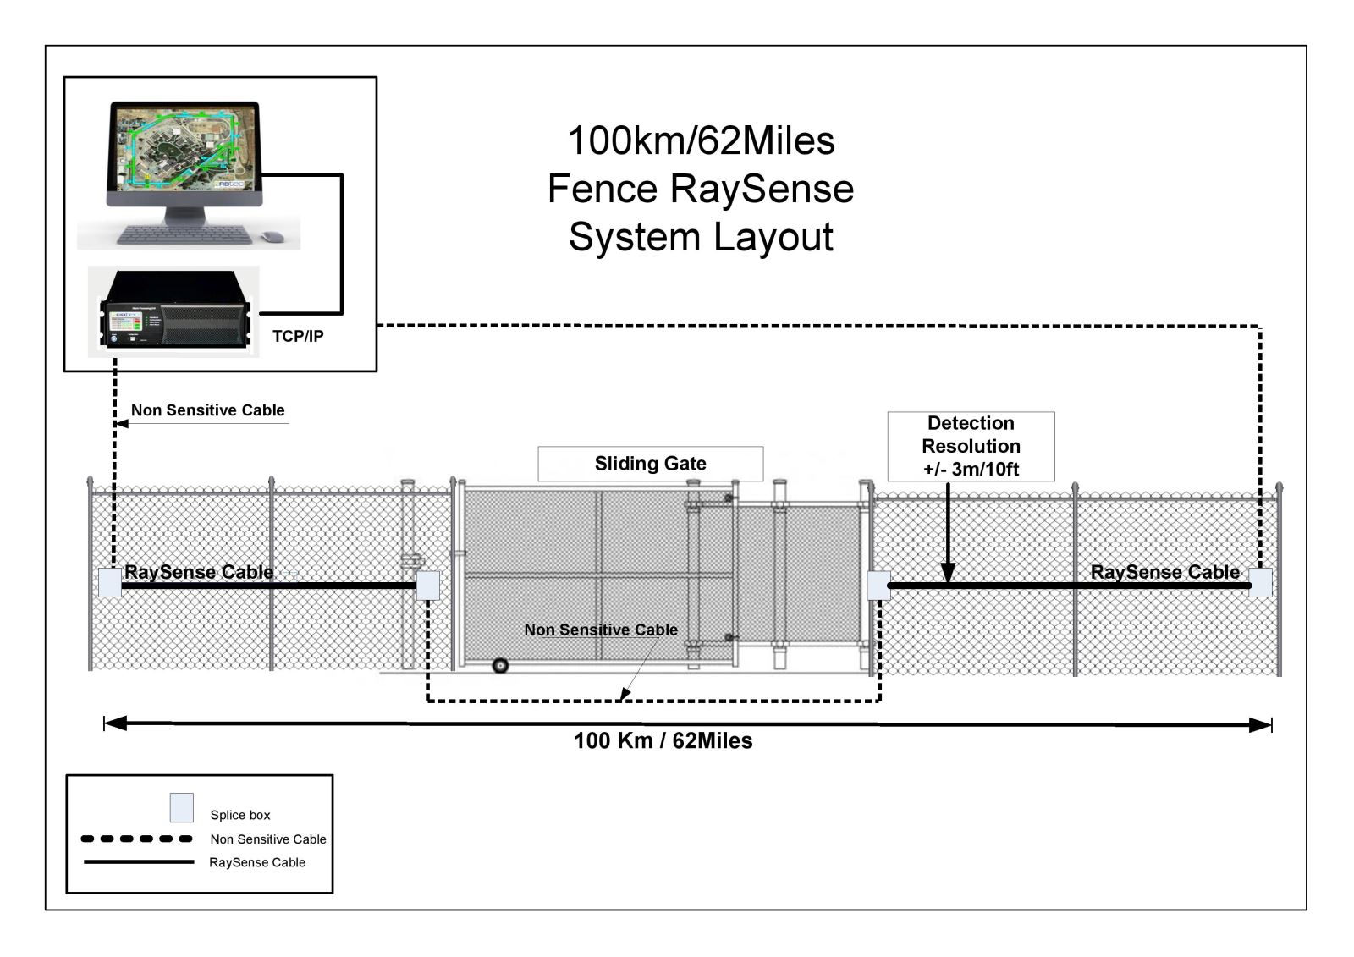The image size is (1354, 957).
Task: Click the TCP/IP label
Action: [x=298, y=336]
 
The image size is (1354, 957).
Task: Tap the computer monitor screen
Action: [x=183, y=148]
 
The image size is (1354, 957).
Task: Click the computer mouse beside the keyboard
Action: [x=272, y=236]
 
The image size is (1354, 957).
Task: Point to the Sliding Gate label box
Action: [x=650, y=464]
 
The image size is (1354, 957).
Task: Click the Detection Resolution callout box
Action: [x=971, y=446]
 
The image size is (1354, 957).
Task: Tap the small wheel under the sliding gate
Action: [x=500, y=666]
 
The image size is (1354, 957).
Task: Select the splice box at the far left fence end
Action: [x=110, y=583]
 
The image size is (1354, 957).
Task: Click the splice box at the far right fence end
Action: [x=1260, y=583]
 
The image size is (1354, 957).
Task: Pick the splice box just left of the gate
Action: [x=427, y=585]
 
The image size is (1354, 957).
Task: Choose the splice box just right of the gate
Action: [x=878, y=585]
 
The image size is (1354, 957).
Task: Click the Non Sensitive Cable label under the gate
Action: [x=600, y=630]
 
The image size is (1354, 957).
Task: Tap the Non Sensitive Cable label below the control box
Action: [x=207, y=410]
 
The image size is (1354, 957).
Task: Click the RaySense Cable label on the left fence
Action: [x=199, y=572]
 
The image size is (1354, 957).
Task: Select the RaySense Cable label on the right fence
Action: [x=1164, y=572]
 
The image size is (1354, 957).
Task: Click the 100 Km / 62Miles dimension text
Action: [x=663, y=741]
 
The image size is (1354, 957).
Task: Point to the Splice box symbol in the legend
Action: [x=181, y=807]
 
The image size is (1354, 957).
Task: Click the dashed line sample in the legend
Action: [x=137, y=839]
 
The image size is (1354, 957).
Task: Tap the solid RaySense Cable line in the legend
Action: [x=139, y=862]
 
